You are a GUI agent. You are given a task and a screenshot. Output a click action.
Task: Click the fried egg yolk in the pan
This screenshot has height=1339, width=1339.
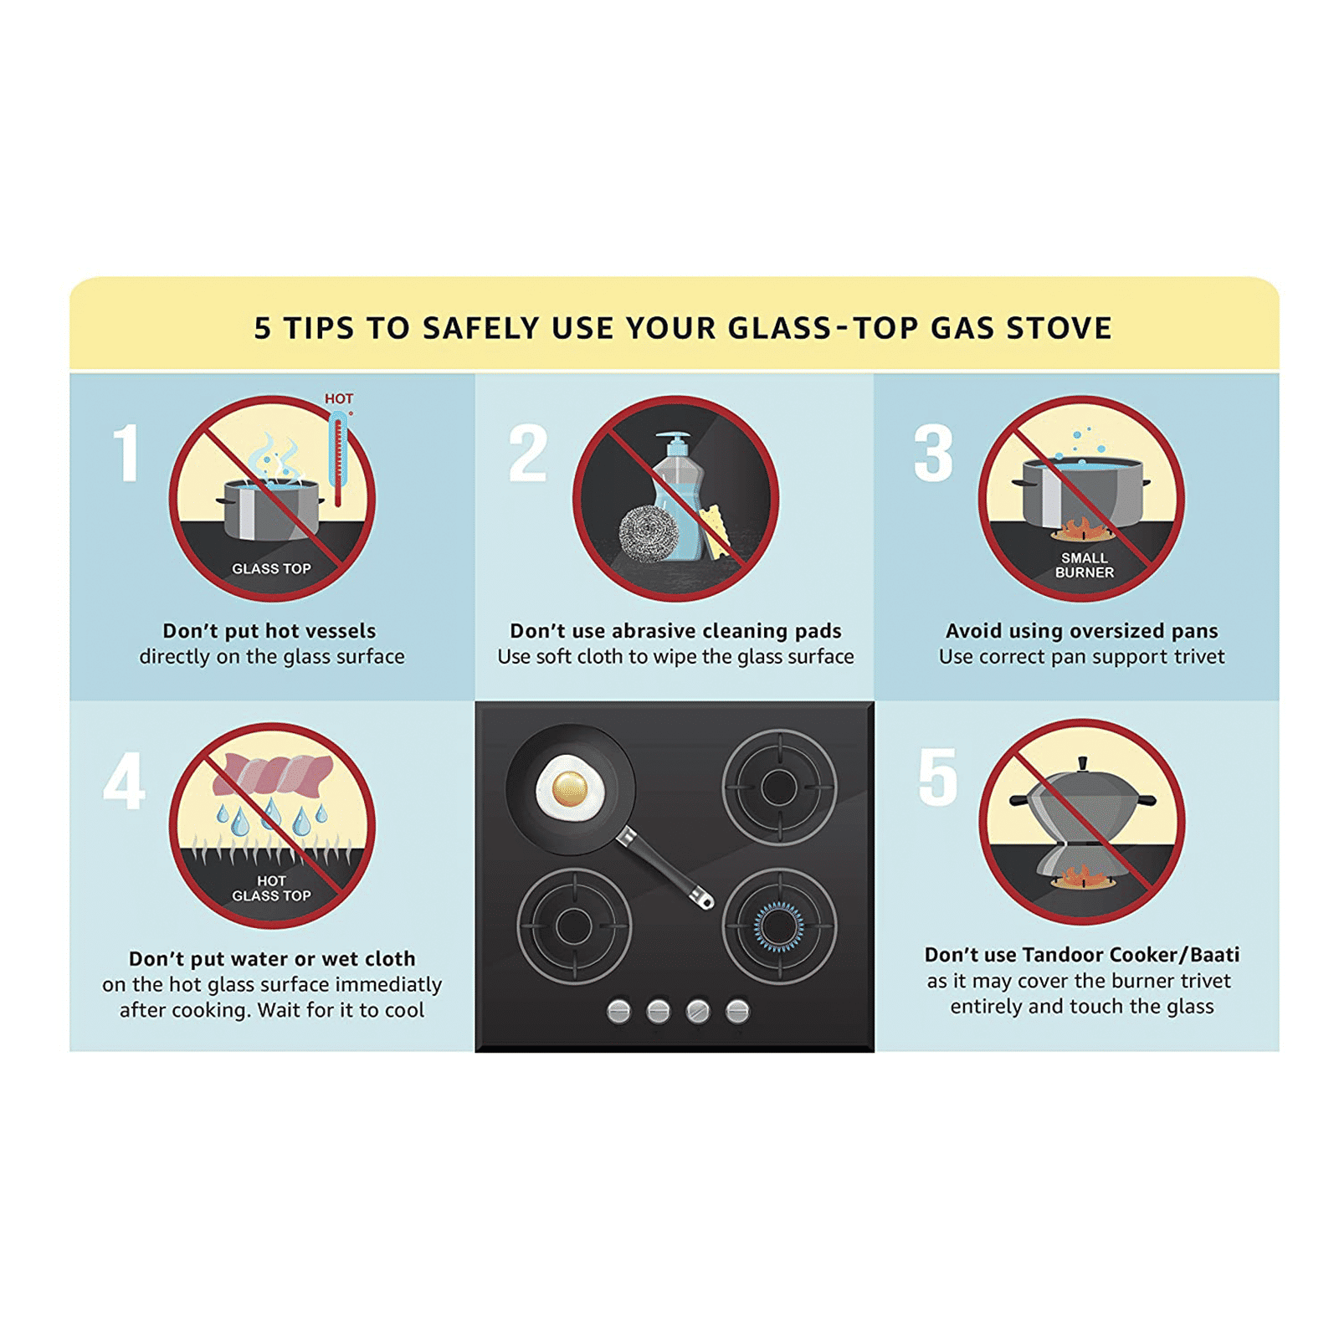click(569, 787)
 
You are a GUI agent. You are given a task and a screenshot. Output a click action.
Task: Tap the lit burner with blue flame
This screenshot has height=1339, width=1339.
click(779, 926)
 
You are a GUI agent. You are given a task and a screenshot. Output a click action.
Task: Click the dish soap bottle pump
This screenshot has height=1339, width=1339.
click(674, 442)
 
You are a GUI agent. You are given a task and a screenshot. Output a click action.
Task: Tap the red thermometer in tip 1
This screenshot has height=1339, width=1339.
click(338, 459)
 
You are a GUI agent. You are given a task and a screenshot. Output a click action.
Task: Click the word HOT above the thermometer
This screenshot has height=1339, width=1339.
click(339, 398)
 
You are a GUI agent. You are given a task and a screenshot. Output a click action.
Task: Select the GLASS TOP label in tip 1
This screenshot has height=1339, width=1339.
click(271, 568)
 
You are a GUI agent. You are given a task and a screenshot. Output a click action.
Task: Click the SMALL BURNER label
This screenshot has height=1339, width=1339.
click(1085, 565)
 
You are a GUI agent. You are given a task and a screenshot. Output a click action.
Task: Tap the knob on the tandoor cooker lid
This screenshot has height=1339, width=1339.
click(1083, 764)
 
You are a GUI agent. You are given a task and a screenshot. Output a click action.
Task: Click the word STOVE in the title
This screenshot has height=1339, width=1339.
click(1059, 328)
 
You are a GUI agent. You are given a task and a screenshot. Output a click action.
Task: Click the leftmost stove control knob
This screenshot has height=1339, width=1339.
click(618, 1011)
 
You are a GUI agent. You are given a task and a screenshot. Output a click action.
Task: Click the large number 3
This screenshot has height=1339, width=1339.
click(933, 453)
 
